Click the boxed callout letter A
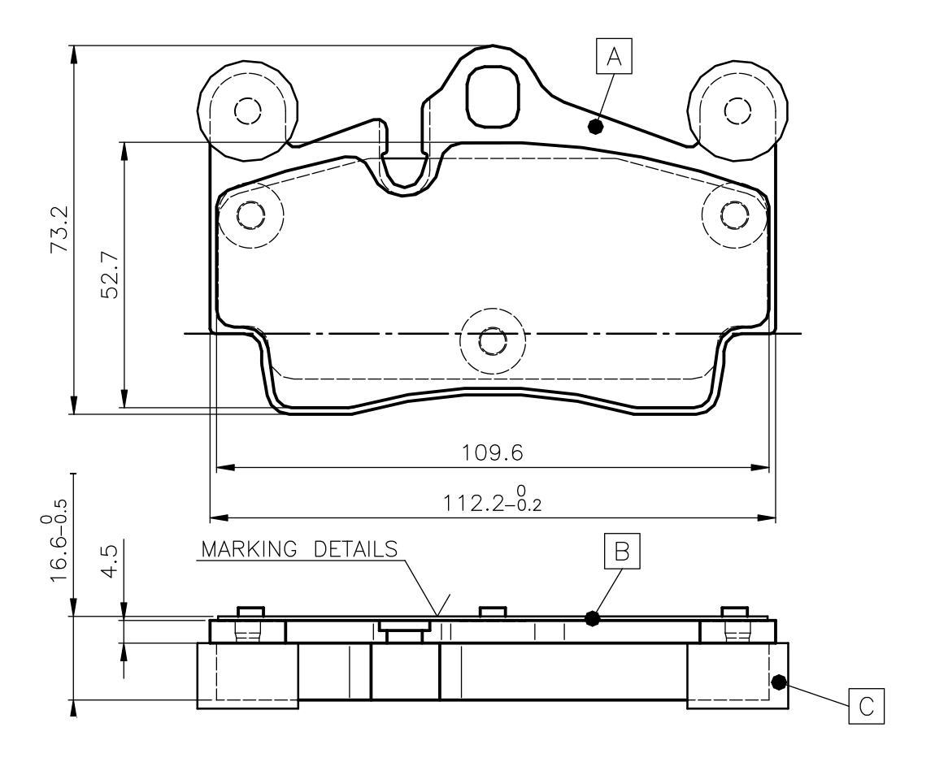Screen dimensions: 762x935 614,58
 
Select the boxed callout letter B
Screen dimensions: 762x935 622,551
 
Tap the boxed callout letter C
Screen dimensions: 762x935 866,706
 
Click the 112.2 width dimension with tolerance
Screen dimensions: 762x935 493,501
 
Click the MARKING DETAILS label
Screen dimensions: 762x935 298,548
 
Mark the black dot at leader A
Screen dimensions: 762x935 596,126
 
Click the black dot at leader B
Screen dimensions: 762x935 593,618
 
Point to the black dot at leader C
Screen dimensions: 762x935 778,682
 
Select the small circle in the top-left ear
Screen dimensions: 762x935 246,110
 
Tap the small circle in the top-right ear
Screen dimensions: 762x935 737,110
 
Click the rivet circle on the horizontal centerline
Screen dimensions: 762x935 492,341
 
